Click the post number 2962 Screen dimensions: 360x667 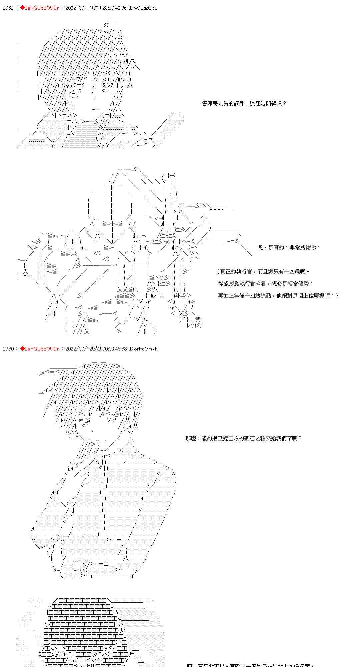8,8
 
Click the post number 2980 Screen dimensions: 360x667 8,349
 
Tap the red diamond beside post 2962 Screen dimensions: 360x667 22,8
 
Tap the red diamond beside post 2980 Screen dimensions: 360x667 22,349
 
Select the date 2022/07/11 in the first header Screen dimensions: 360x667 77,8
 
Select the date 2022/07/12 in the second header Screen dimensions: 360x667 77,349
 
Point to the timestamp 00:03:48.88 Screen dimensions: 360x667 112,349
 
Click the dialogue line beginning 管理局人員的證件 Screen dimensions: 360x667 244,104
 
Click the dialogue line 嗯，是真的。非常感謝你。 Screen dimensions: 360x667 289,247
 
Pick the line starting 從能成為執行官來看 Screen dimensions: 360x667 266,284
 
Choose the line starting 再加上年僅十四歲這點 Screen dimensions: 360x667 278,296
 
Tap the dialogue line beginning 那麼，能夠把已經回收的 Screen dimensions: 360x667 243,438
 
